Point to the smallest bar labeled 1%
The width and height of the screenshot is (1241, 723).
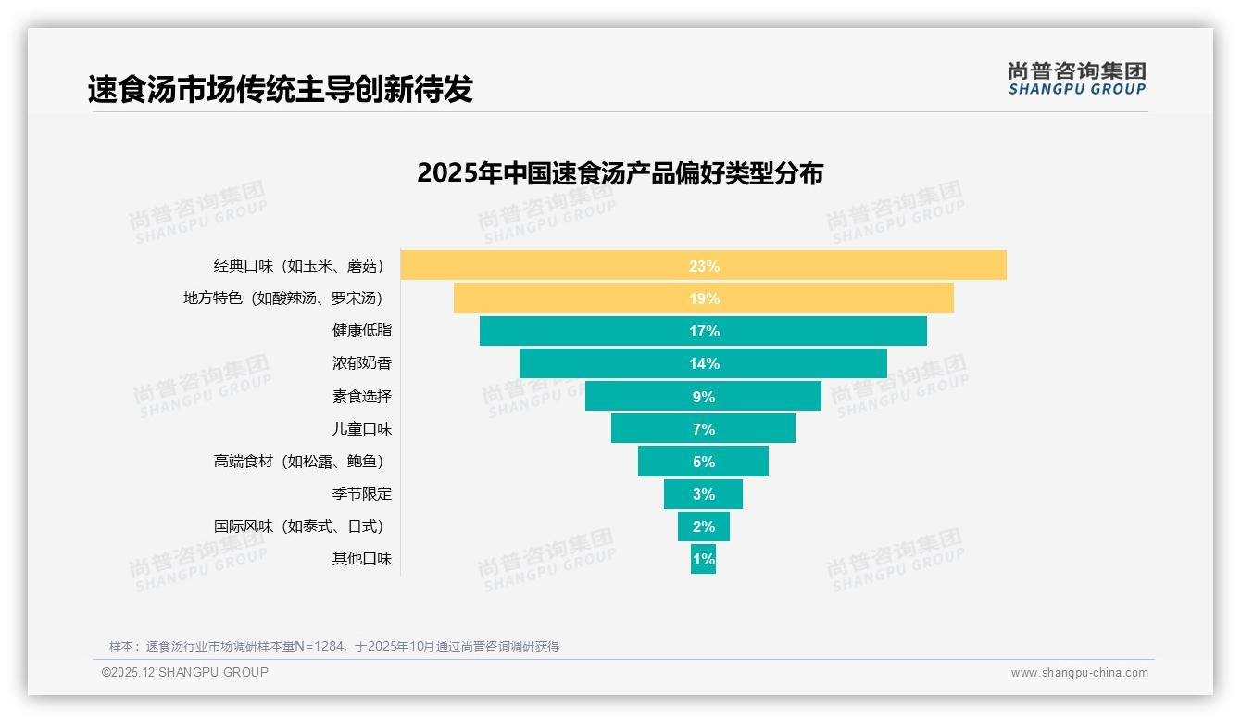(703, 559)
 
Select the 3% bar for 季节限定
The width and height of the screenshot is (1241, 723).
(703, 494)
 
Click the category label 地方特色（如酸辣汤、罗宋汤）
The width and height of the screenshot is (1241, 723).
(283, 298)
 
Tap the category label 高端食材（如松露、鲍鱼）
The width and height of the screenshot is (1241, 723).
(299, 462)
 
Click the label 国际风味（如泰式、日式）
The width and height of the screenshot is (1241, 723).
(299, 526)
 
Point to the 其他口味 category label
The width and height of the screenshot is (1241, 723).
(362, 559)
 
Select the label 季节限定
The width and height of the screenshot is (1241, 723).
(362, 494)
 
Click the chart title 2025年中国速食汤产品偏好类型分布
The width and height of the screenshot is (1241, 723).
(620, 173)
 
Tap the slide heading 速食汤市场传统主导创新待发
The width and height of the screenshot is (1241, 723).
(280, 89)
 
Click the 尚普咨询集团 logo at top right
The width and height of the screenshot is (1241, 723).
(1076, 79)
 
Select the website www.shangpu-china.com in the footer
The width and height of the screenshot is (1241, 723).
(1079, 673)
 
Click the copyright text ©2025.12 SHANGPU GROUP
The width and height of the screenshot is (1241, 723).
(185, 672)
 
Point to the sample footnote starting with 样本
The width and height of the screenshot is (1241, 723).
(334, 646)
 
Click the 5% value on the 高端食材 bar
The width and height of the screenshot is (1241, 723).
(703, 462)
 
